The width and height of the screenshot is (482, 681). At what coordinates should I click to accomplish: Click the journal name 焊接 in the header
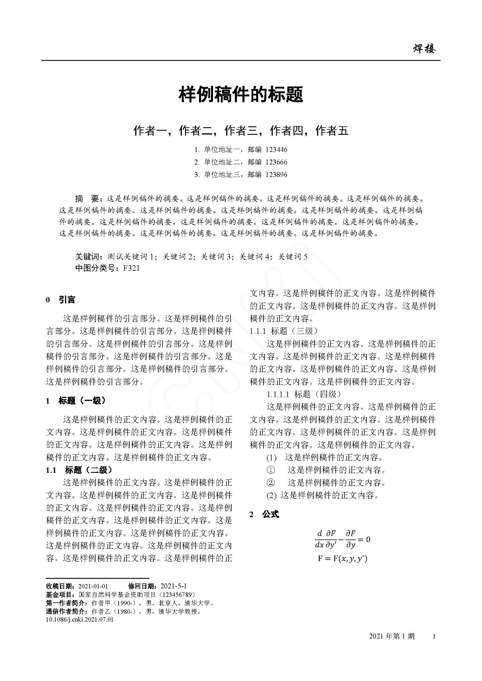[424, 49]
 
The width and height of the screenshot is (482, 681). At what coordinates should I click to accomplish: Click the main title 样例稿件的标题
[241, 95]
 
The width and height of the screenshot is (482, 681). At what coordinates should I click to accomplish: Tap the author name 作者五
[332, 130]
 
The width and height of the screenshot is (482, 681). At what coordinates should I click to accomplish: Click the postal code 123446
[276, 150]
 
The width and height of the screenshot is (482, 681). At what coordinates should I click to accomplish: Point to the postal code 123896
[276, 175]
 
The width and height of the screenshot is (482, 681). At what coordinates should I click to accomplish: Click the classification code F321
[131, 268]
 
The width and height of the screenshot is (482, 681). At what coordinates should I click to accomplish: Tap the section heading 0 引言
[61, 300]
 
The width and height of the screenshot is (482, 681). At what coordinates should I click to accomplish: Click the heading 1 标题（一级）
[76, 401]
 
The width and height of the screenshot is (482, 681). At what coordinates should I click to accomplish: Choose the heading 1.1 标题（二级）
[79, 470]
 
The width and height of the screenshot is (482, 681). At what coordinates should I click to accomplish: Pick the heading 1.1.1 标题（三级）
[284, 331]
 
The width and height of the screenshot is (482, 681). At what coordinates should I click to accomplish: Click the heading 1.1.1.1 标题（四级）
[304, 394]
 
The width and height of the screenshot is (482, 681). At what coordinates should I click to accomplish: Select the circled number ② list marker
[271, 483]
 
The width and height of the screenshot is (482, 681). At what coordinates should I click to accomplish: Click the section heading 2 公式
[264, 514]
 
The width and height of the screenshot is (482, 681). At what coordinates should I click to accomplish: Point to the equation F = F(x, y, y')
[342, 559]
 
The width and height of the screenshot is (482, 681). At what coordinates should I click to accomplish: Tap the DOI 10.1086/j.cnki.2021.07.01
[80, 620]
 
